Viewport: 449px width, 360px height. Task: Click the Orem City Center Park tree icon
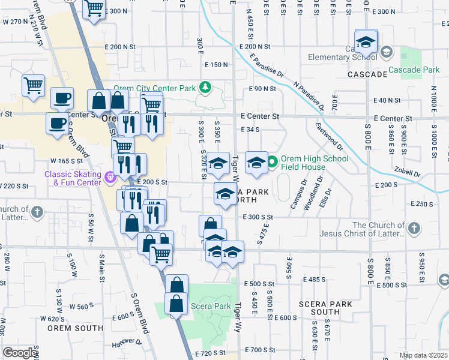click(206, 88)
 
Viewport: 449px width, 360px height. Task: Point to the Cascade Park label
click(414, 70)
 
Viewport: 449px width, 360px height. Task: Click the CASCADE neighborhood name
click(367, 74)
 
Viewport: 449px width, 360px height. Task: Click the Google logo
click(20, 353)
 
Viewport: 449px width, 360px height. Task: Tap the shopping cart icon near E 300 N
click(94, 9)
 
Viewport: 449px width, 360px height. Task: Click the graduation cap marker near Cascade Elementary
click(366, 43)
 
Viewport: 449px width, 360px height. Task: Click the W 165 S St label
click(66, 161)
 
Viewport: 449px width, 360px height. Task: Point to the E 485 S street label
click(315, 280)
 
